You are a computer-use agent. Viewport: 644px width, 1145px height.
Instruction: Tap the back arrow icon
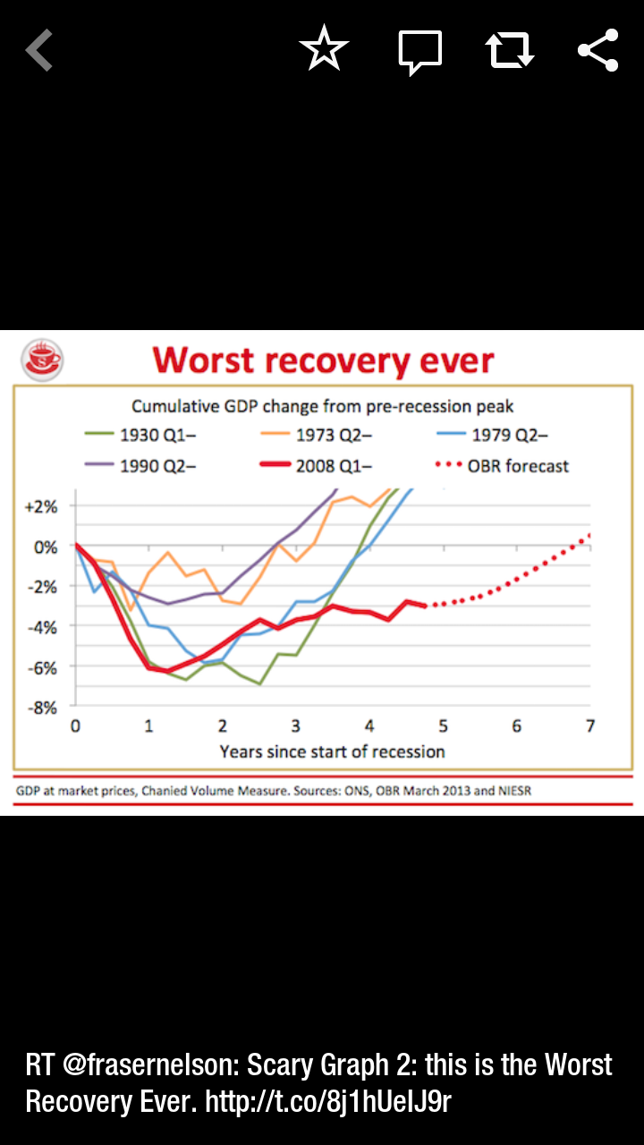pyautogui.click(x=39, y=50)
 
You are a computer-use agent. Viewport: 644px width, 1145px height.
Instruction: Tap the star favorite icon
pyautogui.click(x=324, y=49)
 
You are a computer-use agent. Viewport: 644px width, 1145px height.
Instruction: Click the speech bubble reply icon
pyautogui.click(x=419, y=51)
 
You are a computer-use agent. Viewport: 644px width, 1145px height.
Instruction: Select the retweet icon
pyautogui.click(x=510, y=50)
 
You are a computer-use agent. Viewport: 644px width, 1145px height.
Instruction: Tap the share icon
pyautogui.click(x=597, y=50)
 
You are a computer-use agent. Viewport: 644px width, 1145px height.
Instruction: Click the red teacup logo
pyautogui.click(x=42, y=360)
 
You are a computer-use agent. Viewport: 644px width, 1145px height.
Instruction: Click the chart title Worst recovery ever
pyautogui.click(x=323, y=360)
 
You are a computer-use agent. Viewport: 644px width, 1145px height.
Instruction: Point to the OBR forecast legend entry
pyautogui.click(x=503, y=465)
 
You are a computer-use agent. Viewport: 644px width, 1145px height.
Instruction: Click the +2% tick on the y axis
pyautogui.click(x=39, y=505)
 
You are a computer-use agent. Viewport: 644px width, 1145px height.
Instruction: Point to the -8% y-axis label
pyautogui.click(x=39, y=708)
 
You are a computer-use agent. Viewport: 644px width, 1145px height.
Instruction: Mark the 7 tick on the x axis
pyautogui.click(x=590, y=725)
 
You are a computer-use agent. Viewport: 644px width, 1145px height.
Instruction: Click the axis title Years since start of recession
pyautogui.click(x=332, y=751)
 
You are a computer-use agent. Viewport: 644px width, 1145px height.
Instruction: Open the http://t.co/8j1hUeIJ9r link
pyautogui.click(x=328, y=1101)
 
